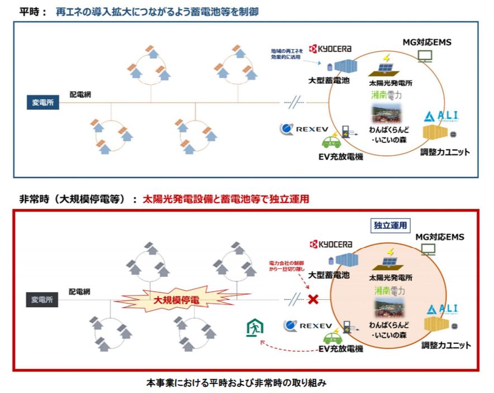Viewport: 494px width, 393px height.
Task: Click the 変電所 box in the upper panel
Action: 43,103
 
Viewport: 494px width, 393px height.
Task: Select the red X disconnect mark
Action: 313,300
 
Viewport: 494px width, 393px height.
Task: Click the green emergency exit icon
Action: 254,328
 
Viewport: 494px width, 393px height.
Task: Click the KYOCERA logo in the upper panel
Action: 331,49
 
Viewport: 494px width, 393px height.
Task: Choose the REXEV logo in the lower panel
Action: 307,325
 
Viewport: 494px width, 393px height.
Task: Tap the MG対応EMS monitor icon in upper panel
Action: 425,56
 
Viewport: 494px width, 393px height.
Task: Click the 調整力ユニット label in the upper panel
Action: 445,151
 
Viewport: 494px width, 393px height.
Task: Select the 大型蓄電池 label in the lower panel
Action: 329,275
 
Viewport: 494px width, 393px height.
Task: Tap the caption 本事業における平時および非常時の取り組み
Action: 236,384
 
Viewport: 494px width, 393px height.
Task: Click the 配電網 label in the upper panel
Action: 80,95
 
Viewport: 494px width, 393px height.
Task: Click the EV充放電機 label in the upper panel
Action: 340,157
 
